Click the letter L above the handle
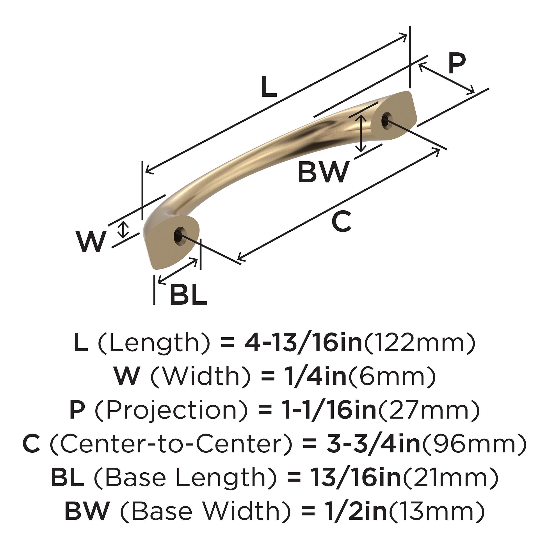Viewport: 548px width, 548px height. tap(268, 87)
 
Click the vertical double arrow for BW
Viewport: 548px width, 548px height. tap(361, 133)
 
